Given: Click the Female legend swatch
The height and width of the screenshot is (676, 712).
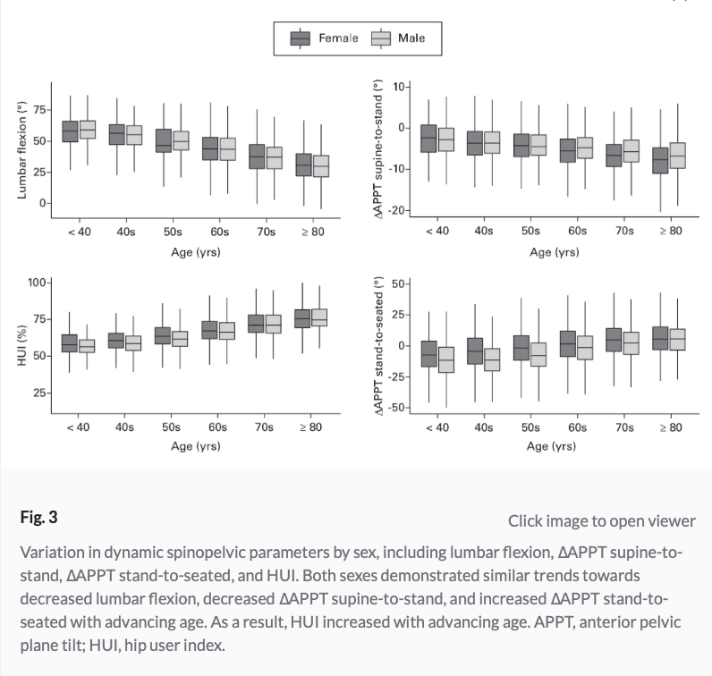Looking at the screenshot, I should pyautogui.click(x=301, y=38).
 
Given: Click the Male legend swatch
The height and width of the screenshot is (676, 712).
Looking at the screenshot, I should pyautogui.click(x=382, y=38).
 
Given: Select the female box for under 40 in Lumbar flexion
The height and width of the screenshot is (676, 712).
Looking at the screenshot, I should pyautogui.click(x=70, y=131).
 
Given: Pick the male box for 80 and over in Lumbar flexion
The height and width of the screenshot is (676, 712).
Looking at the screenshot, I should pyautogui.click(x=318, y=165).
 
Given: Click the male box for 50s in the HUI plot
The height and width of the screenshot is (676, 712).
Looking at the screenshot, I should pyautogui.click(x=180, y=338).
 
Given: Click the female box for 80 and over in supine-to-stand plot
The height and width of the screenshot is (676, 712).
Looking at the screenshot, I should pyautogui.click(x=660, y=160).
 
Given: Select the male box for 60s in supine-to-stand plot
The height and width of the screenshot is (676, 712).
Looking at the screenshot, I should pyautogui.click(x=584, y=147).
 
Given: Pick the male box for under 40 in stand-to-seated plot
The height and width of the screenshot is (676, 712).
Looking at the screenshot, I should pyautogui.click(x=445, y=359).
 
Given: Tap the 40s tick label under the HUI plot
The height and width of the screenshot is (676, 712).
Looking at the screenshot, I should pyautogui.click(x=125, y=427).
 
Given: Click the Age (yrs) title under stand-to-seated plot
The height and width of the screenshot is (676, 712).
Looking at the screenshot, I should pyautogui.click(x=553, y=445).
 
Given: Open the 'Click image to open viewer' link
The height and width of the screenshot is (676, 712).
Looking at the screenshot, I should pyautogui.click(x=601, y=520).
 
